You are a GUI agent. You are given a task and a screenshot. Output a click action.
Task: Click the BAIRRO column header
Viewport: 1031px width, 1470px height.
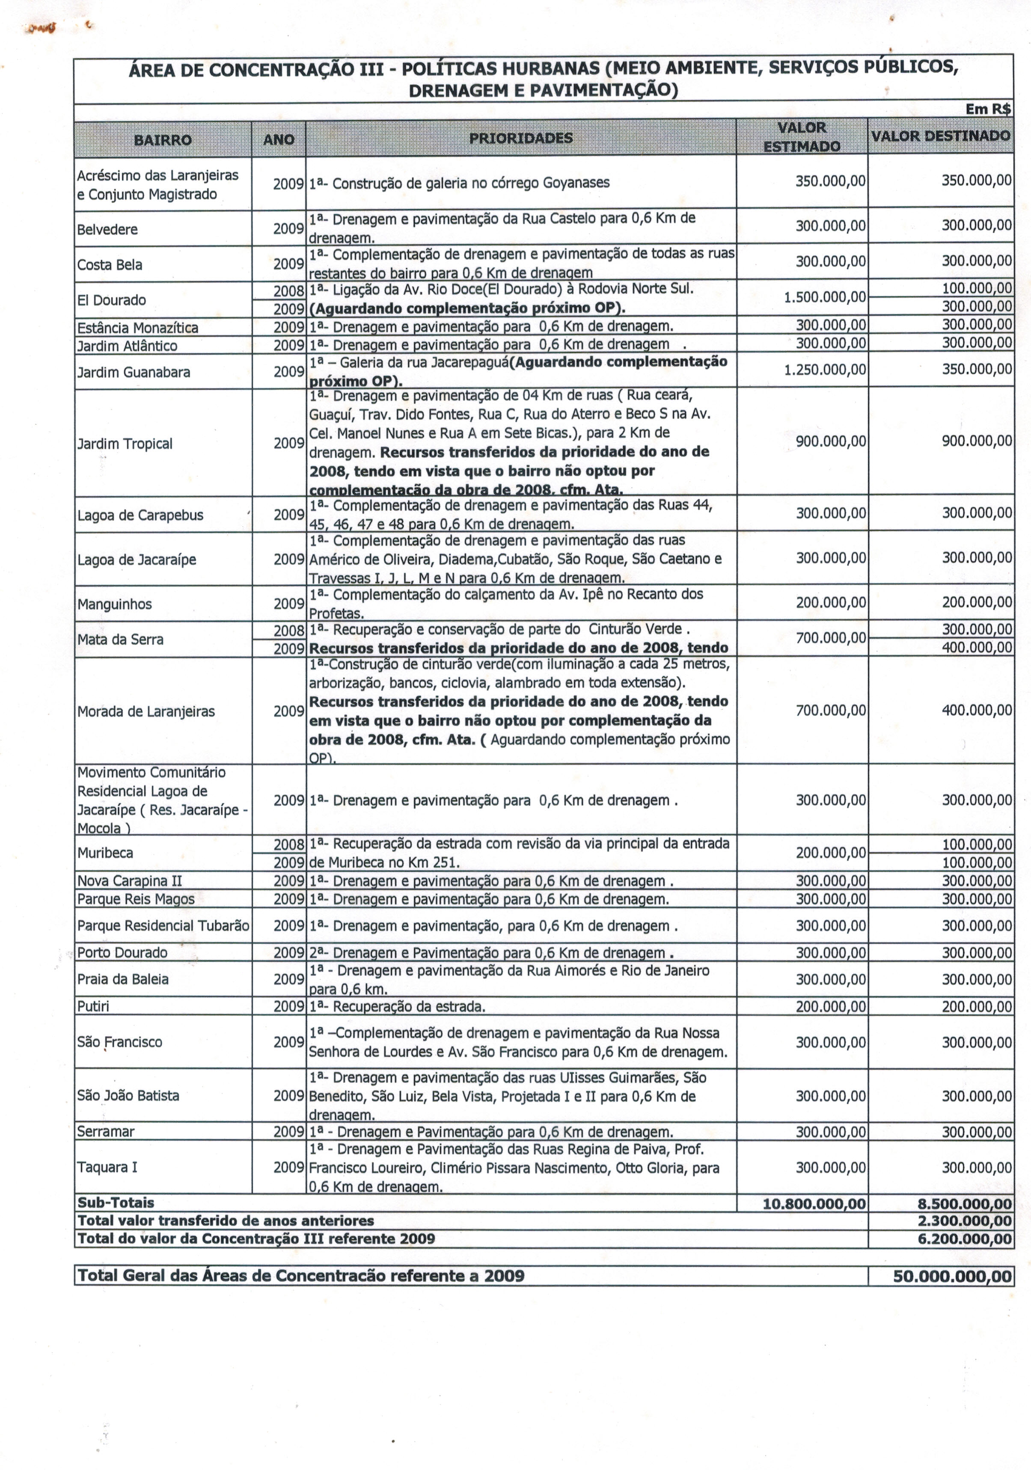(163, 139)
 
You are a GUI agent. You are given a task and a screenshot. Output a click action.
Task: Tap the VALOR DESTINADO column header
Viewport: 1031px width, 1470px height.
(940, 136)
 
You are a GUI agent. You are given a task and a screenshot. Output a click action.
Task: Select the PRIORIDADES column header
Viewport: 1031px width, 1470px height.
(520, 138)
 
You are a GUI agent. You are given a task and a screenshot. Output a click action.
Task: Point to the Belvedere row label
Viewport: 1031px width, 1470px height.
(107, 229)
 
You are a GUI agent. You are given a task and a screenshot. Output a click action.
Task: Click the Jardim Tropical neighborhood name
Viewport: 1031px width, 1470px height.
(125, 444)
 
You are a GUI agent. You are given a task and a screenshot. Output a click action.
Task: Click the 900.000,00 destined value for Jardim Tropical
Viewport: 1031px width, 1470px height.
(977, 441)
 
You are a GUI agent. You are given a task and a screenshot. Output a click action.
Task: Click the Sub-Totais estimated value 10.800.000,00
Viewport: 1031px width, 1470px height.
(814, 1203)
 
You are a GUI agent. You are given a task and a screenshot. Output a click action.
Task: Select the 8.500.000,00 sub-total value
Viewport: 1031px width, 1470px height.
(964, 1203)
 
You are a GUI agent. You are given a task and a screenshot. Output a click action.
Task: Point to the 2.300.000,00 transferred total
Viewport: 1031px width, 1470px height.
(964, 1221)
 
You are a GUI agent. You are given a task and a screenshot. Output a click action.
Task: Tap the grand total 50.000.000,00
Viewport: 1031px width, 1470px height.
(952, 1276)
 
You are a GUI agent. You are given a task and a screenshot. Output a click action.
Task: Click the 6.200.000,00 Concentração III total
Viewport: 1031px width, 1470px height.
(964, 1239)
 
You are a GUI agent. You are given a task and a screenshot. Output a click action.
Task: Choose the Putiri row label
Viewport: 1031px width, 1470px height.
(93, 1007)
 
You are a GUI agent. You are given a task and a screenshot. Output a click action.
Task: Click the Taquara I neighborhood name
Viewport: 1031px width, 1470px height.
(107, 1167)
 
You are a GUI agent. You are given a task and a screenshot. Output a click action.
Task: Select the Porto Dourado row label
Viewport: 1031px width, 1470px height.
(122, 953)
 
